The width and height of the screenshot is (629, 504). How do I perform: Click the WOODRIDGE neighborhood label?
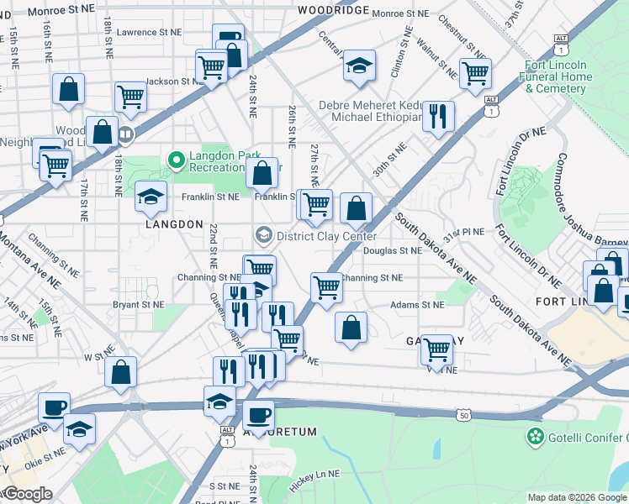point(334,9)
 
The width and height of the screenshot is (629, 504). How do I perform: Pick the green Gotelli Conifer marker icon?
point(533,437)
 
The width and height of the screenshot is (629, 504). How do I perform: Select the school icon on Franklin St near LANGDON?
point(151,197)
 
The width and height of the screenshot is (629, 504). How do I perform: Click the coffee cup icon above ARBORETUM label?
point(258,414)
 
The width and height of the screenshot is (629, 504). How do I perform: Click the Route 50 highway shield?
point(464,414)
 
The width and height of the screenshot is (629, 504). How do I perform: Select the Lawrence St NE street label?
point(149,32)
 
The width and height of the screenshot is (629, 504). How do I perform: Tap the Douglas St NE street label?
point(393,250)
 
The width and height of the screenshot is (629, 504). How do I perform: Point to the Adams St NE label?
point(416,305)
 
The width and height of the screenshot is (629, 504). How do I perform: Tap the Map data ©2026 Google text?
point(577,497)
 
